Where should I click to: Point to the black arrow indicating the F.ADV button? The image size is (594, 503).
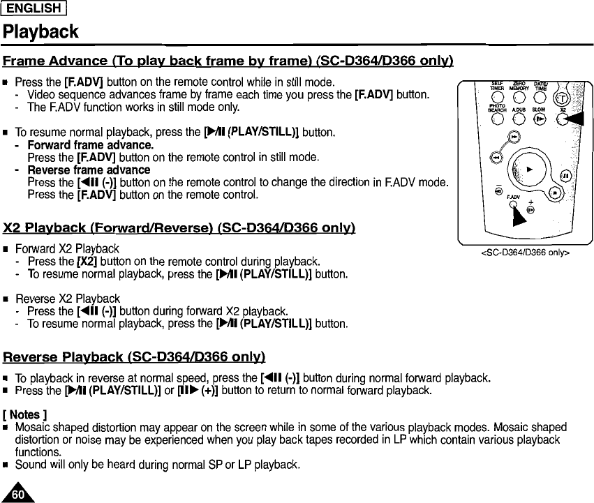tap(518, 216)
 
